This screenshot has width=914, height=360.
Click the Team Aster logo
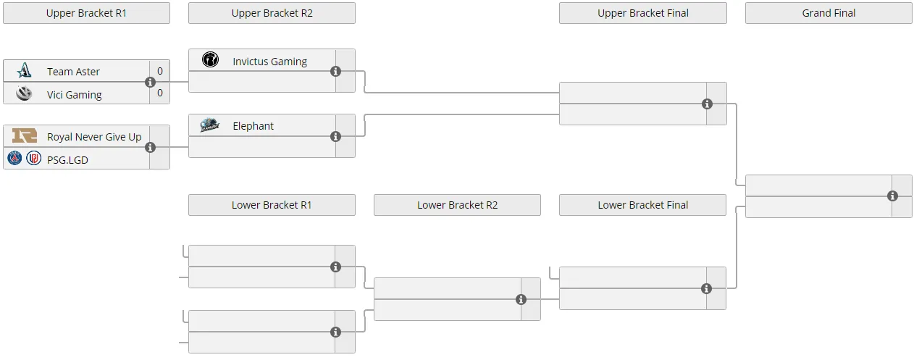pos(24,70)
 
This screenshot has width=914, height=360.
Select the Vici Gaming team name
pos(75,95)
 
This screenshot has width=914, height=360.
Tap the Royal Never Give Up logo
pos(25,135)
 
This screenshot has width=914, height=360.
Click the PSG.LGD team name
pos(67,160)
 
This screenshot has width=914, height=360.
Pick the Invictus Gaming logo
pos(210,59)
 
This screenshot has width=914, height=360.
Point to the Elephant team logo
pos(210,125)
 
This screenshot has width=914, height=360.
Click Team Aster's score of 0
pos(160,71)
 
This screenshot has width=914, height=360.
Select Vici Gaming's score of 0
pos(160,93)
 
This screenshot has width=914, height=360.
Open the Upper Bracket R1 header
pos(86,13)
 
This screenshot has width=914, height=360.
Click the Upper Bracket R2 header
pos(272,13)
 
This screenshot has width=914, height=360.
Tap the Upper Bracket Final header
pos(643,13)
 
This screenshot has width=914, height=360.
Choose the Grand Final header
pos(829,13)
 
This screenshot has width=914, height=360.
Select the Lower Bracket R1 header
pos(272,205)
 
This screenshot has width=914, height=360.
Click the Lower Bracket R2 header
pos(458,205)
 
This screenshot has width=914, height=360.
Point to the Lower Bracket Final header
pos(642,205)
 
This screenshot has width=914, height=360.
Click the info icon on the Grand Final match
pos(892,196)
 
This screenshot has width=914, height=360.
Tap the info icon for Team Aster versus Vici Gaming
pos(150,82)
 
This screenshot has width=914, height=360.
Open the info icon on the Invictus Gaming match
pos(335,72)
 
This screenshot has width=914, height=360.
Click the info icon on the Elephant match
pos(335,136)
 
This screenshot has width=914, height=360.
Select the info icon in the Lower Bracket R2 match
pos(521,300)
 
